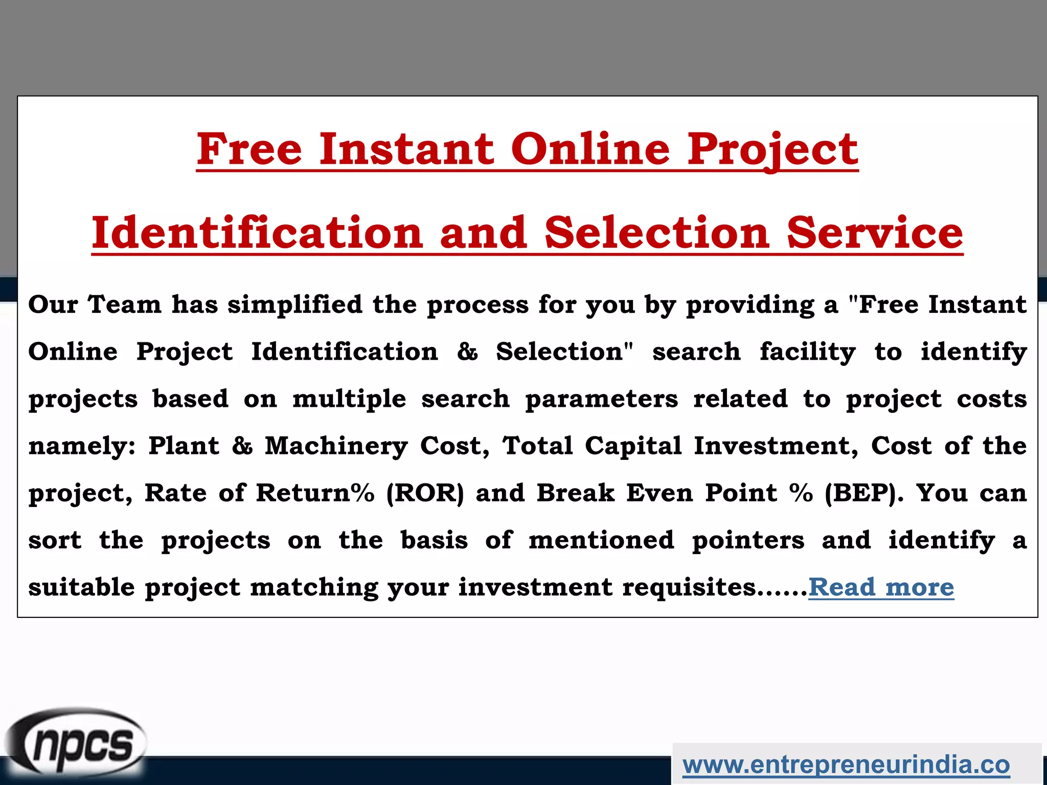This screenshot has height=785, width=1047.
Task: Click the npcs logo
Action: click(x=77, y=744)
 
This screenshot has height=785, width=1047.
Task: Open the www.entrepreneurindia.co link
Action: click(x=846, y=765)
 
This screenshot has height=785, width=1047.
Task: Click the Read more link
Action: click(x=881, y=587)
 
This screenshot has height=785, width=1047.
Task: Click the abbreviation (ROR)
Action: click(x=425, y=493)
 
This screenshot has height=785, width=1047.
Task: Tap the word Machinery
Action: click(x=336, y=446)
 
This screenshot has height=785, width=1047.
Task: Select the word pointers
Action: click(x=748, y=541)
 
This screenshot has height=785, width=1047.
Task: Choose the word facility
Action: click(x=807, y=352)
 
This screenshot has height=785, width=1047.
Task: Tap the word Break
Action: click(x=575, y=493)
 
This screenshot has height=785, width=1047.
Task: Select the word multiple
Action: click(x=349, y=399)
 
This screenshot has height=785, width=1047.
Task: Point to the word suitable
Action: click(x=81, y=587)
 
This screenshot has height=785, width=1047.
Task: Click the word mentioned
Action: click(x=601, y=541)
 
